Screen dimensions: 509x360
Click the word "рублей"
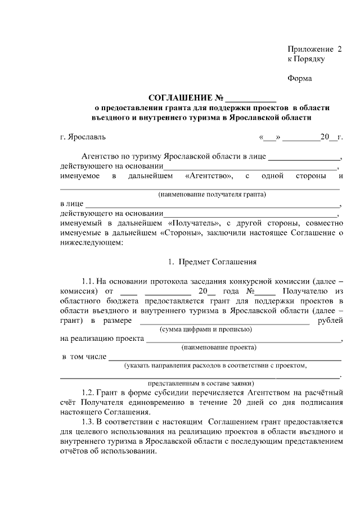(330, 320)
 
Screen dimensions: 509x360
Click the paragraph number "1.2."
(88, 393)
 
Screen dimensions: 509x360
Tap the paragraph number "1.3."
(88, 422)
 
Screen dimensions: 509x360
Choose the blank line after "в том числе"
(224, 358)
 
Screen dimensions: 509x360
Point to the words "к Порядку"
(306, 58)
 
